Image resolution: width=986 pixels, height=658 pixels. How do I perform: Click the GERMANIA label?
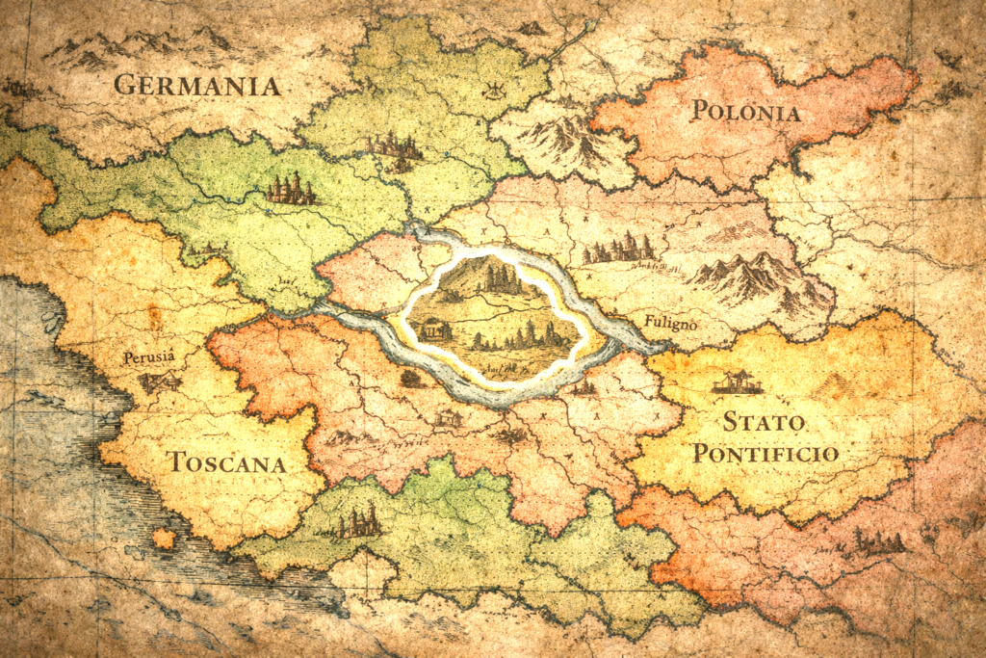coord(197,85)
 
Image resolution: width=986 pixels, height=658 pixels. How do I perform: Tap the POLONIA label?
coord(745,112)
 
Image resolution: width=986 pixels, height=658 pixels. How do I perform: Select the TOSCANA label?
coord(227,462)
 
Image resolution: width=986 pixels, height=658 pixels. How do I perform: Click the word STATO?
coord(765,422)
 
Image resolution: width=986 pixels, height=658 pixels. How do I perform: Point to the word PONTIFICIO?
coord(765,453)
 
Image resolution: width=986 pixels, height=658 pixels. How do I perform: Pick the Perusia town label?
coord(149,357)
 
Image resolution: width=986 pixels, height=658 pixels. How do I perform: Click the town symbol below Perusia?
coord(157,382)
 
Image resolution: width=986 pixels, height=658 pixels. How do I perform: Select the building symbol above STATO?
coord(738,382)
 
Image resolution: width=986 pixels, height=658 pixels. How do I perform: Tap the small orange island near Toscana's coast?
coord(164,538)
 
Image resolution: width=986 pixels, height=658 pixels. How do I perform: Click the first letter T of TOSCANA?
coord(177,462)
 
